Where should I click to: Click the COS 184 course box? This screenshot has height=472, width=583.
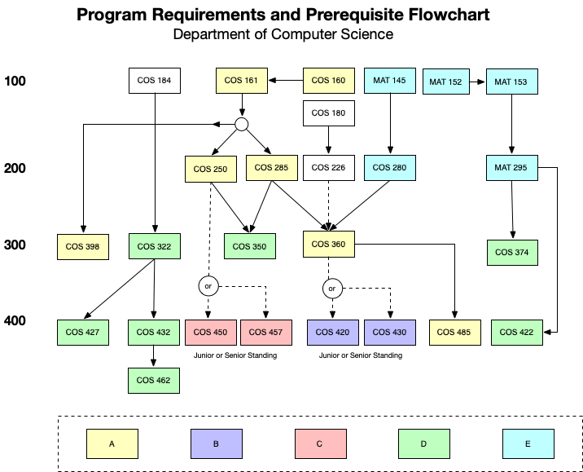click(154, 81)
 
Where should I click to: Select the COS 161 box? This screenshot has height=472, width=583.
click(240, 81)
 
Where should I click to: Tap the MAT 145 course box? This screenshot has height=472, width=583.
click(390, 81)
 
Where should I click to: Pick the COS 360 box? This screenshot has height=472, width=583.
click(329, 244)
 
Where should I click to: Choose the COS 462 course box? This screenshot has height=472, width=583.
click(154, 380)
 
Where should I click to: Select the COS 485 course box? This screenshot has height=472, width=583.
click(454, 333)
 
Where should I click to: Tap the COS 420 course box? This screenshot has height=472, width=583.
click(332, 333)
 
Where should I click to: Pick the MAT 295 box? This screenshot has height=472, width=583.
click(511, 168)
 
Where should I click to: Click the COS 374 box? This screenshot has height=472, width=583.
click(511, 252)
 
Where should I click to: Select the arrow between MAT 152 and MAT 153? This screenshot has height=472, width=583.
click(478, 82)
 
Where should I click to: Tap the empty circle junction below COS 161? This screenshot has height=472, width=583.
click(241, 124)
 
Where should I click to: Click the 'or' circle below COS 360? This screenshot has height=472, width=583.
click(331, 288)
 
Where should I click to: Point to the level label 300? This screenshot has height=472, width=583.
click(15, 245)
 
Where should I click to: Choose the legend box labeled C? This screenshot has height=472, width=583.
click(320, 444)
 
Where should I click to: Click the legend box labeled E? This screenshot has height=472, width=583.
click(528, 444)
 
